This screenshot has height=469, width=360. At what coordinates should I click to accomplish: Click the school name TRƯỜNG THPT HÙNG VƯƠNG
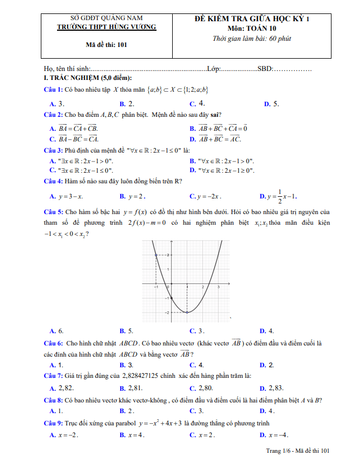click(x=108, y=27)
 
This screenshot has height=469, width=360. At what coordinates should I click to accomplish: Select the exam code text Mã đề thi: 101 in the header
click(x=107, y=45)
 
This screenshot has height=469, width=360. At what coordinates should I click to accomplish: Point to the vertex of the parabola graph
click(x=187, y=312)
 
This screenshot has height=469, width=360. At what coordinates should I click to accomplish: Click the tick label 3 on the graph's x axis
click(x=218, y=287)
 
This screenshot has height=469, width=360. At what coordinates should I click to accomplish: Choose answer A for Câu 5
click(x=56, y=330)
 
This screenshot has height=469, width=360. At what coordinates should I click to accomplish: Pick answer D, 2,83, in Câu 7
click(x=272, y=388)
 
